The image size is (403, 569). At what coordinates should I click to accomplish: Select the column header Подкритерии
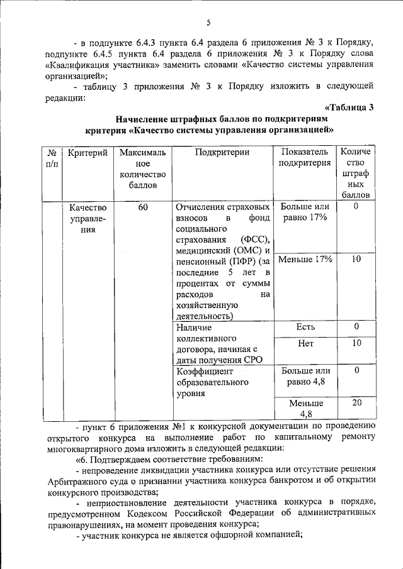click(222, 152)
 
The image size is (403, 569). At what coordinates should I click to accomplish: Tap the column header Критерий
click(88, 152)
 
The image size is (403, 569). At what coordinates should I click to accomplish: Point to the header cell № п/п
click(52, 158)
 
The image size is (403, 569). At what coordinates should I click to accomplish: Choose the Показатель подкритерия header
click(305, 158)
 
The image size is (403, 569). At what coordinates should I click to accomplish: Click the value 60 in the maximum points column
click(142, 207)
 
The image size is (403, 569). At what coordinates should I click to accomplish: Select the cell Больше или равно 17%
click(305, 212)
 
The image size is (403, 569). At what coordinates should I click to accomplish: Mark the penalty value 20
click(356, 403)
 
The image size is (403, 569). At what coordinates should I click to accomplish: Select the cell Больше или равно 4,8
click(305, 376)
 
